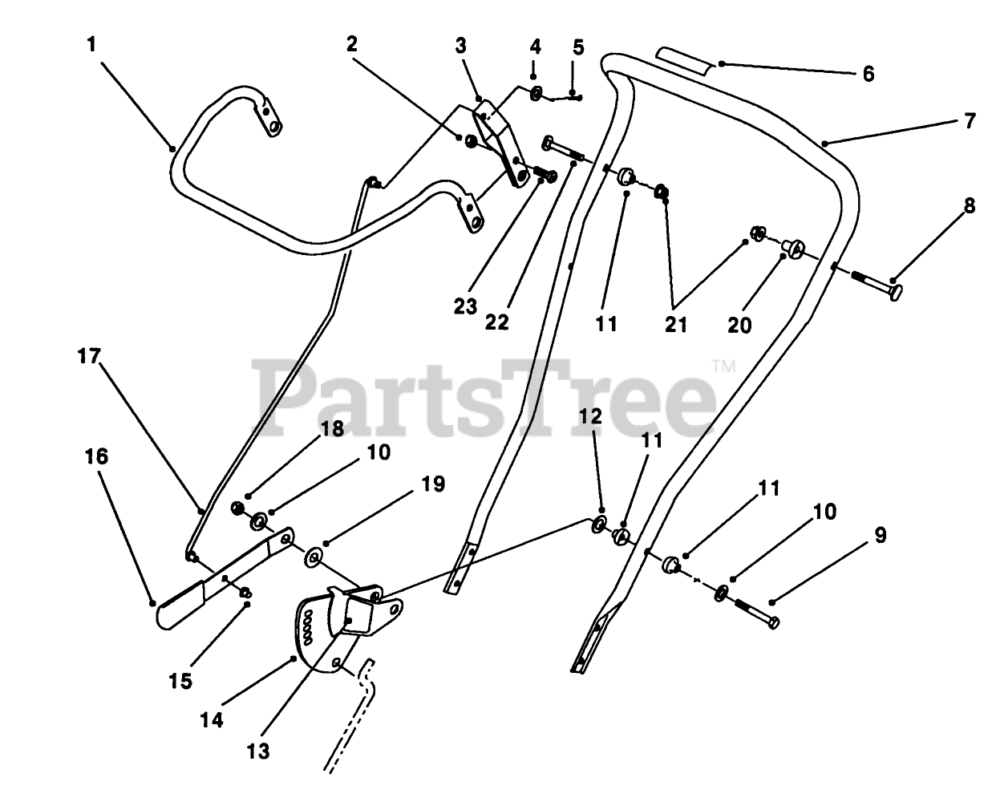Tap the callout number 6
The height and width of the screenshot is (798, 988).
868,74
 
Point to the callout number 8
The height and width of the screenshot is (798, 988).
970,208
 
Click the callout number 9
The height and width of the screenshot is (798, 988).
880,536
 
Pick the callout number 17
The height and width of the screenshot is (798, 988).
89,355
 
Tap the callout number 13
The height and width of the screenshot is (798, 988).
258,751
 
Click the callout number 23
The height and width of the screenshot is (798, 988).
465,307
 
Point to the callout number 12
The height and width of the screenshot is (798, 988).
589,416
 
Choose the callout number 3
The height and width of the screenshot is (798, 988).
461,45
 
